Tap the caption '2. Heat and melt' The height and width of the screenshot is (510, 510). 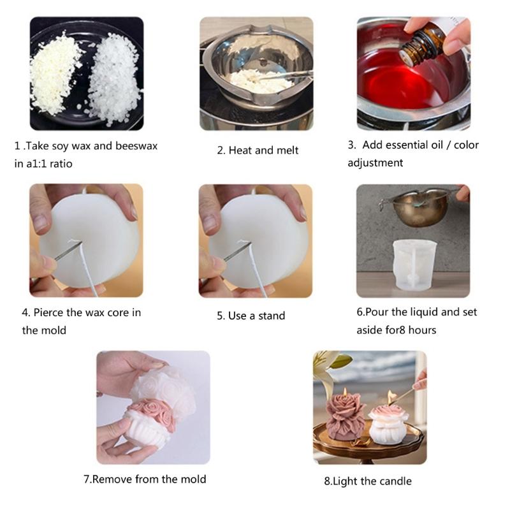258,150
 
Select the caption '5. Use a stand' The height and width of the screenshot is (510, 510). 251,316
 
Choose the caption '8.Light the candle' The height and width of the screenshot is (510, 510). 368,481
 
